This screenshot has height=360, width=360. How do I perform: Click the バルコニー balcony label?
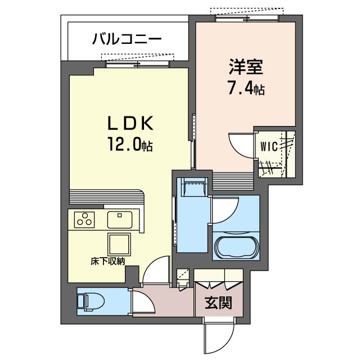click(x=127, y=39)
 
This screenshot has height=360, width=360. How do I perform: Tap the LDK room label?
click(x=130, y=123)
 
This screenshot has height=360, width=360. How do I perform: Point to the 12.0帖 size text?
click(x=130, y=144)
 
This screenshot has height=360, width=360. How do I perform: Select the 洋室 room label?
click(x=246, y=67)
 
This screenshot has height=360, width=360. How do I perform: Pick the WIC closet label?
click(x=269, y=146)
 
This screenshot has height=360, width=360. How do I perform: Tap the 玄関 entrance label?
click(x=218, y=303)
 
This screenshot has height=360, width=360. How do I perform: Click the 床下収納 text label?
click(x=107, y=262)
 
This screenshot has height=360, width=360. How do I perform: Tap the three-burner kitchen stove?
click(x=84, y=219)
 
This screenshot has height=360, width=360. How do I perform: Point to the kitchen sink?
click(x=120, y=220)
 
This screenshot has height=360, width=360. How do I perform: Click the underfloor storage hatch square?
click(x=119, y=245)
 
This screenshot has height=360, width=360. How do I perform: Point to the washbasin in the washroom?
click(x=193, y=187)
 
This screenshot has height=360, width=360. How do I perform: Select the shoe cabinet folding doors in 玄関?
click(x=218, y=285)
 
